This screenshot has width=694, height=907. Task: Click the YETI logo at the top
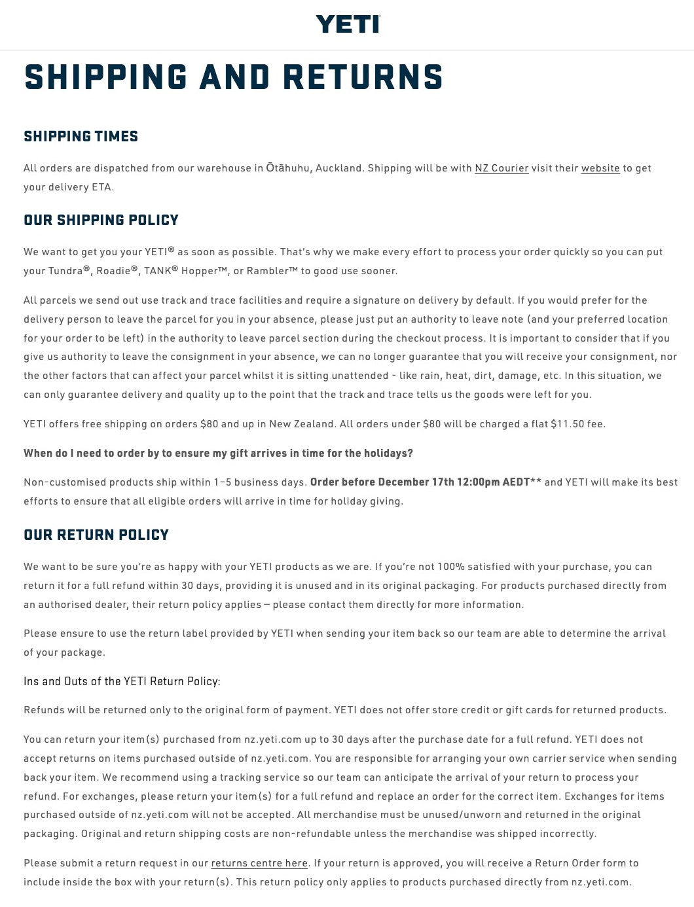click(347, 24)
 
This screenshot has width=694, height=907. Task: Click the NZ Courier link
click(502, 168)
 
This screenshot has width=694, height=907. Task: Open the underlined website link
click(600, 168)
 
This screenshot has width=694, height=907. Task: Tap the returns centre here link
click(259, 863)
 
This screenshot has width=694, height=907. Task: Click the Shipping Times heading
click(81, 136)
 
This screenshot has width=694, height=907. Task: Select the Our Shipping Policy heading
click(101, 220)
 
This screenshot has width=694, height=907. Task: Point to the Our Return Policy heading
click(96, 535)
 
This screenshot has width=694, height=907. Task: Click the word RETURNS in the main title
click(363, 77)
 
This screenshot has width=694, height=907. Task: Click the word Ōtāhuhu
click(287, 168)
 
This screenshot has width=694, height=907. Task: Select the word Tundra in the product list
click(65, 271)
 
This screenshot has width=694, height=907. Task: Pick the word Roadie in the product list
click(113, 271)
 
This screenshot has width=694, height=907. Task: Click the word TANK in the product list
click(157, 271)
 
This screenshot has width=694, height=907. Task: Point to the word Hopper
click(199, 271)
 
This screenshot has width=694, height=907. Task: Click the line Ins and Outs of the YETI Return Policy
click(122, 681)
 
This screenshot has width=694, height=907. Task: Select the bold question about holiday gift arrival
click(218, 453)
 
